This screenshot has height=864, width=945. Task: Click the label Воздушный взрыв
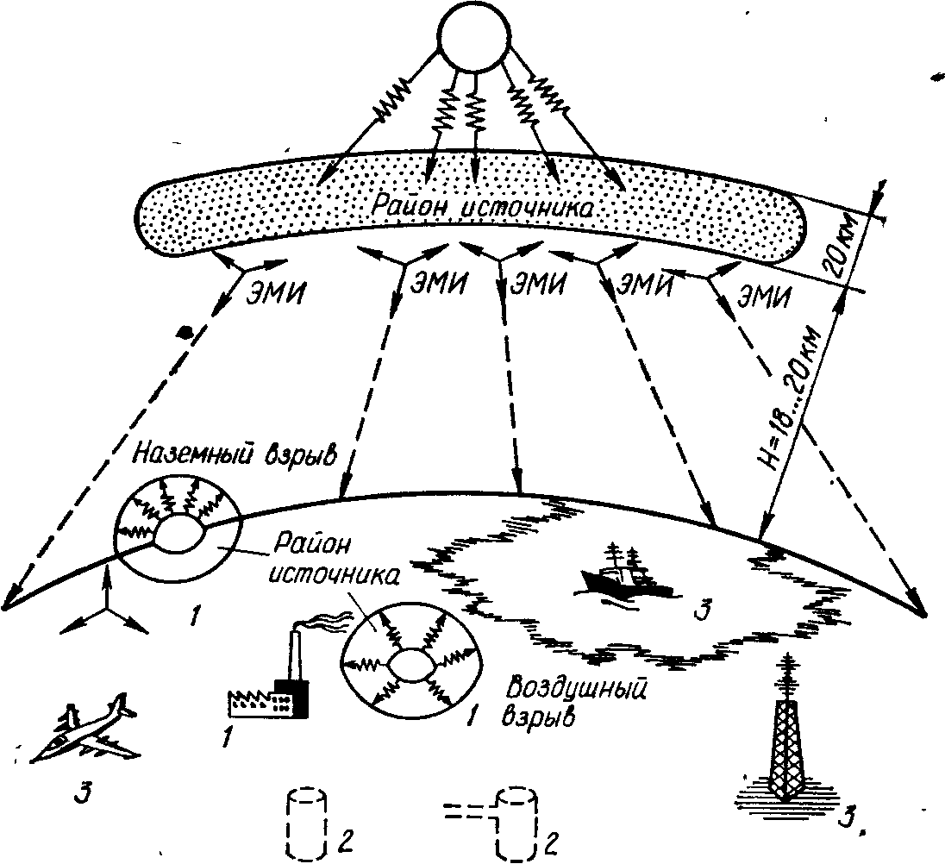[x=562, y=702]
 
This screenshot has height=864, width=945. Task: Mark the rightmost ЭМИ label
[x=764, y=297]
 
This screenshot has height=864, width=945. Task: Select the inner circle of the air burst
[x=404, y=666]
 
